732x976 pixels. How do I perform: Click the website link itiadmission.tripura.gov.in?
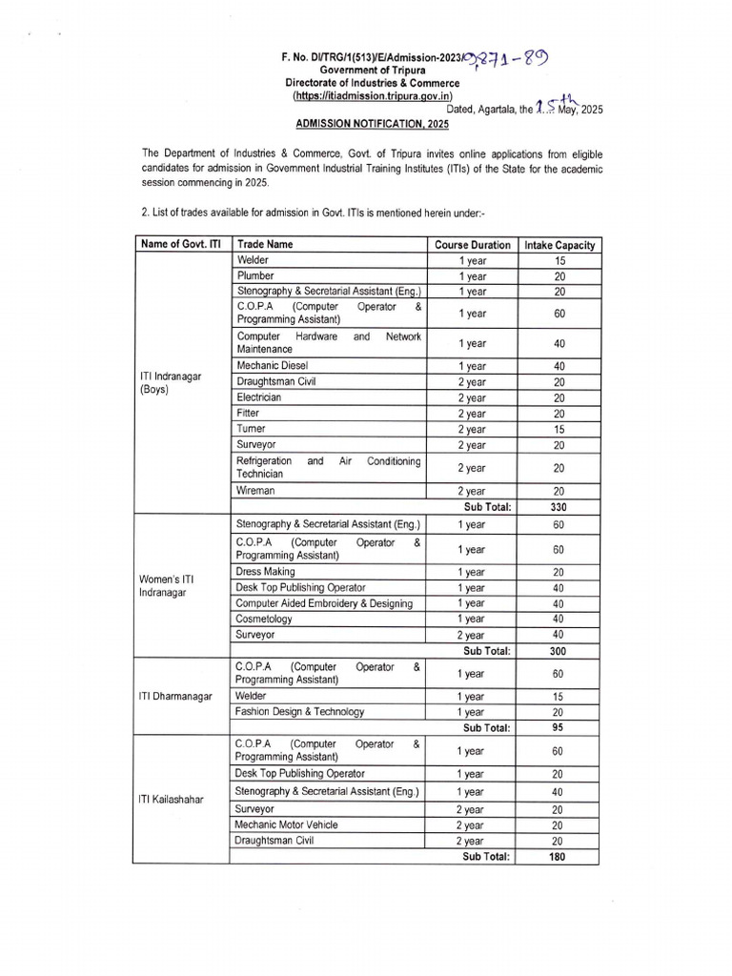point(373,97)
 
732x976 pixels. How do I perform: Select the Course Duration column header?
point(472,245)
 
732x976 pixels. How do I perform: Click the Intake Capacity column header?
point(559,245)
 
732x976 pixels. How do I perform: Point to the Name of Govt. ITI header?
point(181,245)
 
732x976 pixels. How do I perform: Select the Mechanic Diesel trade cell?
point(272,365)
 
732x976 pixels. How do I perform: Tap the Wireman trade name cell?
point(255,490)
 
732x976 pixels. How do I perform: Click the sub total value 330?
point(559,507)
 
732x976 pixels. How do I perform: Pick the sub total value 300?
point(559,651)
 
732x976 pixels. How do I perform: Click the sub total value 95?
point(559,727)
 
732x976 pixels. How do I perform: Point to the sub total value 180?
point(559,857)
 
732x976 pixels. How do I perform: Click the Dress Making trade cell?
point(266,572)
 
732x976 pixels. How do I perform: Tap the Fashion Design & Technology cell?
point(300,711)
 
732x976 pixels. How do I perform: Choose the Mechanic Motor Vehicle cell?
point(286,824)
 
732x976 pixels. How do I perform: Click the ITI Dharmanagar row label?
point(176,696)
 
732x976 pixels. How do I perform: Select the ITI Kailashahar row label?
point(173,799)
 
